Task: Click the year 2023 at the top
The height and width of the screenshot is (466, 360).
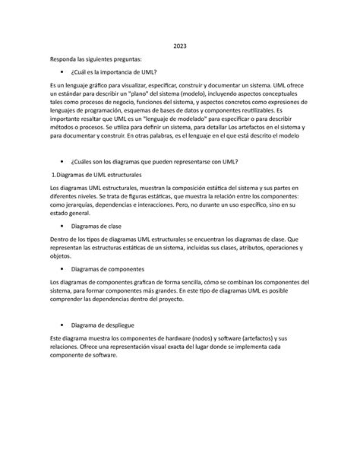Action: point(179,46)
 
